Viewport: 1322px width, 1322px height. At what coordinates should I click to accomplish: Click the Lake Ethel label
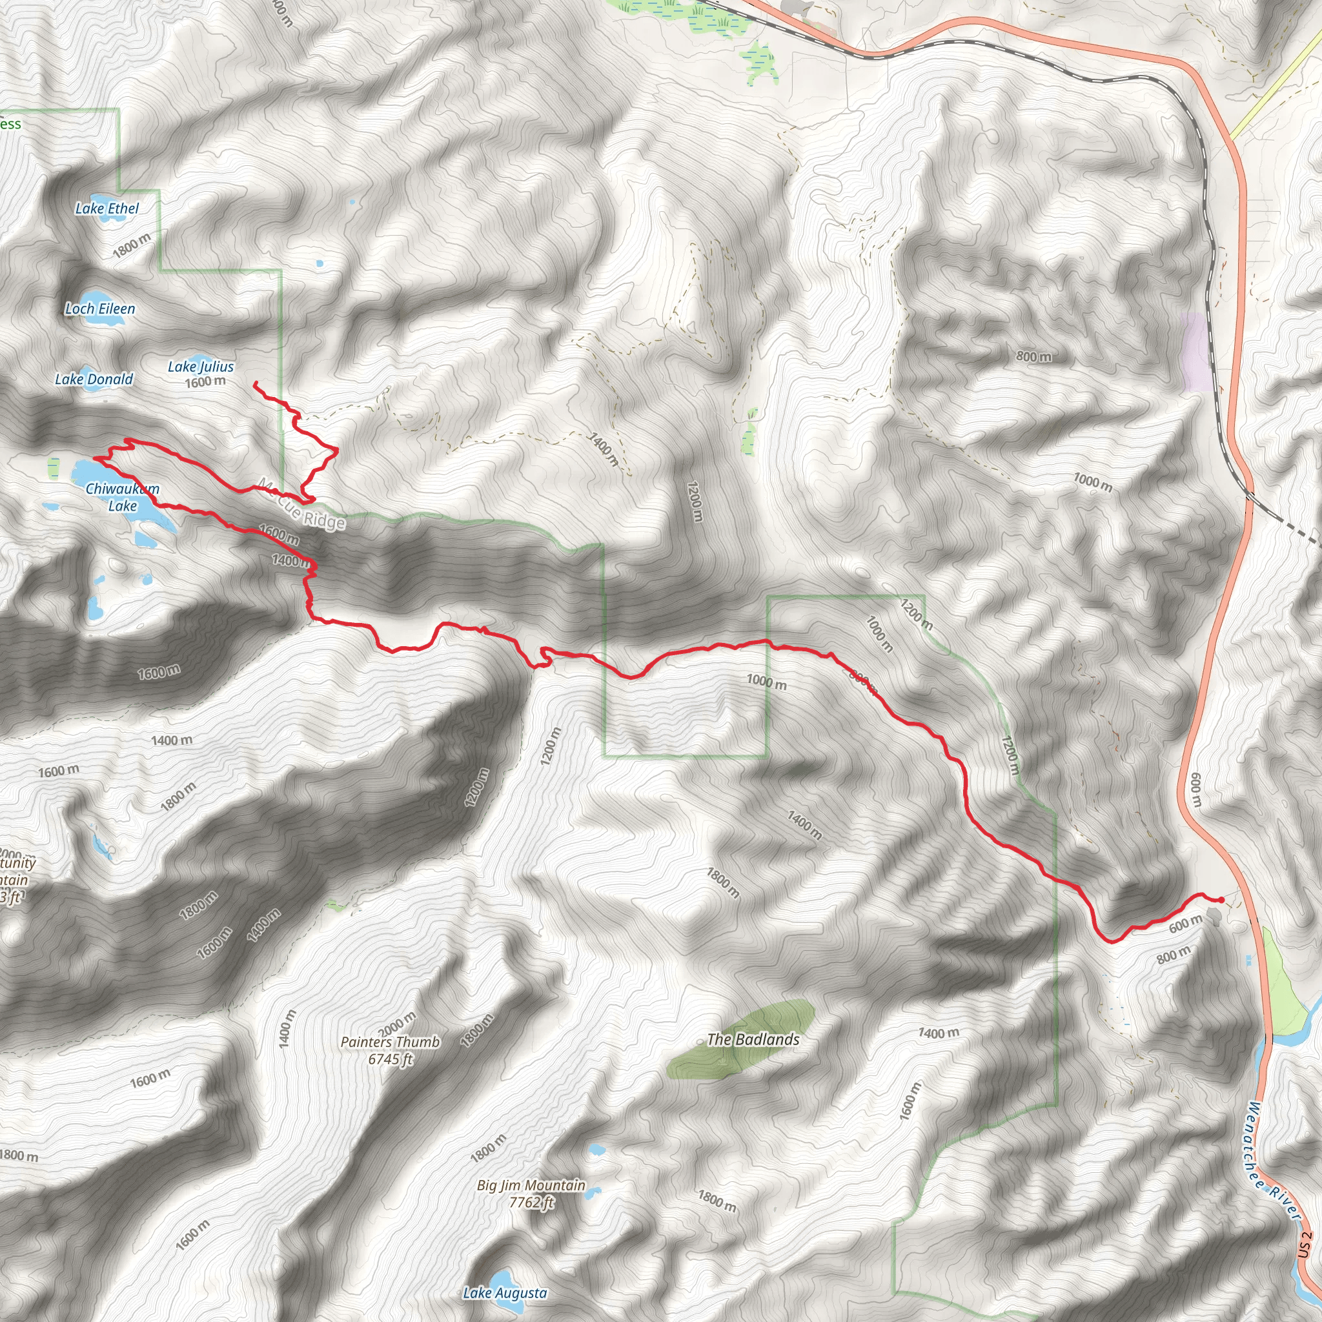point(107,208)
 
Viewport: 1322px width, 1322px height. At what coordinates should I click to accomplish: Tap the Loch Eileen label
point(100,309)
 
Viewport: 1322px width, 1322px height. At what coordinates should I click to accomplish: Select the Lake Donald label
point(94,379)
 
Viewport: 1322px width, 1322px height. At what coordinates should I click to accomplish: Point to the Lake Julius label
point(201,367)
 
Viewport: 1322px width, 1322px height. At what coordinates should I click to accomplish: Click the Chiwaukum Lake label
point(123,498)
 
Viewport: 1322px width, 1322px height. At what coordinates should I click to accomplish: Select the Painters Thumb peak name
point(390,1041)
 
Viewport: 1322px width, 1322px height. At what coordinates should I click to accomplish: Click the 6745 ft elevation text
point(390,1059)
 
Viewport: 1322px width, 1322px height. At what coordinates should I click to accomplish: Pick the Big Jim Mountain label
point(531,1185)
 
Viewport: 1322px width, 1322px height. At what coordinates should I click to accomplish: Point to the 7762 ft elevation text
point(531,1202)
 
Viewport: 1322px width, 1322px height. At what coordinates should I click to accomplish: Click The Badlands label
point(753,1039)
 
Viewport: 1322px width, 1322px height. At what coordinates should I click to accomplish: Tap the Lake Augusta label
point(505,1292)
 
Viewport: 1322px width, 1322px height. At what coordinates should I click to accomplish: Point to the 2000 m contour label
point(397,1024)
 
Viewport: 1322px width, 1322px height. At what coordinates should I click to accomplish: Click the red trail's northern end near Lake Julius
point(255,383)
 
